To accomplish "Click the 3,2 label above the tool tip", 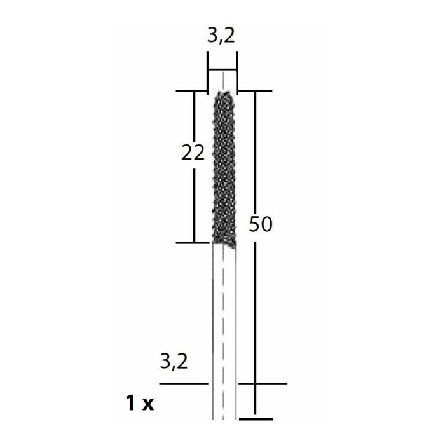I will click(x=221, y=36).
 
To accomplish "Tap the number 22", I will click(x=193, y=153).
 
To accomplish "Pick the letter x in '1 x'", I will click(x=147, y=404).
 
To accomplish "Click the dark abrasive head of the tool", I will click(x=223, y=172).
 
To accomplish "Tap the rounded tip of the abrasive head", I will click(x=222, y=94).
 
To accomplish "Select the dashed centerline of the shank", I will click(x=224, y=318).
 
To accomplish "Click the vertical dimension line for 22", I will click(x=193, y=203).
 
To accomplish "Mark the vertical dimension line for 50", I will click(x=256, y=305).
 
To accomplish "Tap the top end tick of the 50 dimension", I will click(x=256, y=92).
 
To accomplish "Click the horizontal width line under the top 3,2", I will click(x=222, y=70).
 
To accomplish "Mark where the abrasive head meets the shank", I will click(x=224, y=243).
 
